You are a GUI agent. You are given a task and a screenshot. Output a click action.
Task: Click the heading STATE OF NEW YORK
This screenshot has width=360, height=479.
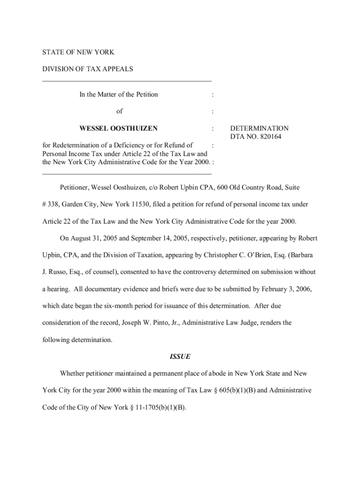click(78, 52)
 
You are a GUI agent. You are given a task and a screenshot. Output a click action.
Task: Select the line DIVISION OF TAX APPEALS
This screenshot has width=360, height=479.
click(87, 69)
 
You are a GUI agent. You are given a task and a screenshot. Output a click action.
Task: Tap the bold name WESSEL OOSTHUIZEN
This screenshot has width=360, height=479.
click(118, 128)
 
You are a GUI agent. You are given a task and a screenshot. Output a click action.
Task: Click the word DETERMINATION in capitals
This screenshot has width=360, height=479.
click(259, 128)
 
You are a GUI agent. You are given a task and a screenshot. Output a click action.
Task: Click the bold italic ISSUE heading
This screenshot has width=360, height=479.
click(180, 356)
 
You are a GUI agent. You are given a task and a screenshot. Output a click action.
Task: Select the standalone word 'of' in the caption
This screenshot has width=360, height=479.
click(120, 111)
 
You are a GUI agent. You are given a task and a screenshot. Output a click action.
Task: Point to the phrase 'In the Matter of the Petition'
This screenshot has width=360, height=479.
click(118, 94)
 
